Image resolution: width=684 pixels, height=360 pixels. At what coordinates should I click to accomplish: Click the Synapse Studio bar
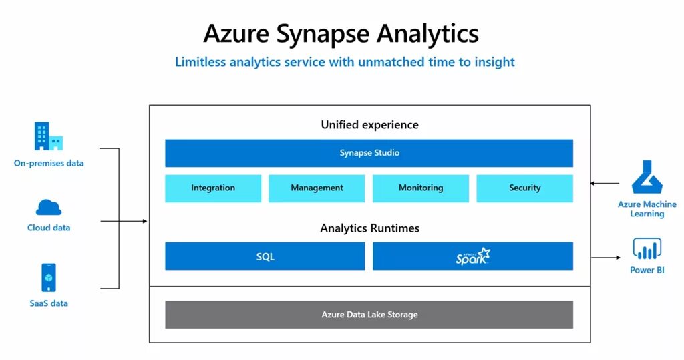pos(369,153)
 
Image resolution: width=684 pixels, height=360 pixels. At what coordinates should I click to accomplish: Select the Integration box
pos(213,188)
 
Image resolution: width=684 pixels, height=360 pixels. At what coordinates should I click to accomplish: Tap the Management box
pos(317,188)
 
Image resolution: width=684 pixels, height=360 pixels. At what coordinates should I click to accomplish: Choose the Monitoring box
pos(421,188)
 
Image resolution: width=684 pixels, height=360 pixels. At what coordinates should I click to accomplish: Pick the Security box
pos(524,188)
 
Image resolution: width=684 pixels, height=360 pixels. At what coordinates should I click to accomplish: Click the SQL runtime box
pos(265,256)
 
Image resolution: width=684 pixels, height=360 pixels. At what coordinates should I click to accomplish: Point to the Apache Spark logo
pos(473,256)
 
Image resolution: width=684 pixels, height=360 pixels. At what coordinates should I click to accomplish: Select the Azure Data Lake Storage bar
pos(369,315)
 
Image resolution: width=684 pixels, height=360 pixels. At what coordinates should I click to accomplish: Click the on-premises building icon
pos(48,136)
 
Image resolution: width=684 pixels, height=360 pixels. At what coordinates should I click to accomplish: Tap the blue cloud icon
pos(49,207)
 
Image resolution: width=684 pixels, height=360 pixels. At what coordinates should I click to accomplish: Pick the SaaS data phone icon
pos(49,277)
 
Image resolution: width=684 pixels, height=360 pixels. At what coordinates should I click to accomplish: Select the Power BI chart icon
pos(647,249)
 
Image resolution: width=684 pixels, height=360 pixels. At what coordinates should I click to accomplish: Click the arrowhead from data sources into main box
pos(144,221)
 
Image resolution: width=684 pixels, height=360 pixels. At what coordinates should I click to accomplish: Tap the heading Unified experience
pos(369,125)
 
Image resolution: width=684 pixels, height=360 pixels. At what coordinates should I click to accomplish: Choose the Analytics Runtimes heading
pos(369,228)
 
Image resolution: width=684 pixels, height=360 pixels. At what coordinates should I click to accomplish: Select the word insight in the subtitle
pos(493,62)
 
